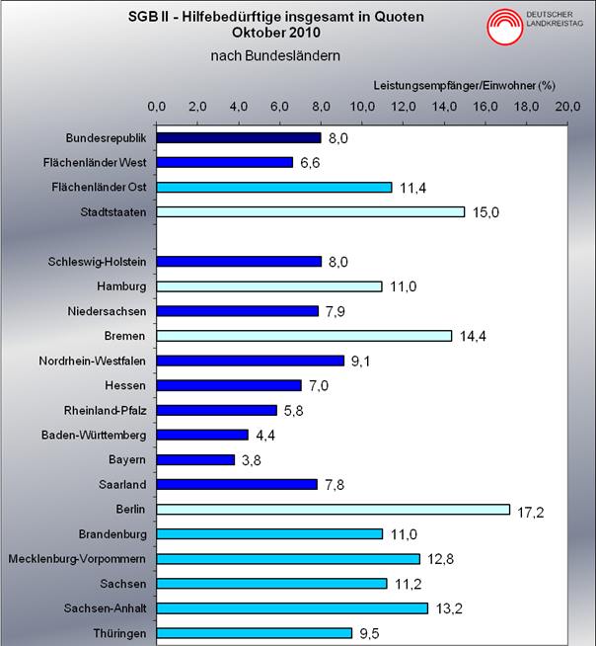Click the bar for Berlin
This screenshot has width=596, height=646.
334,509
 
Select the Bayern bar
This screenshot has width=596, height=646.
195,459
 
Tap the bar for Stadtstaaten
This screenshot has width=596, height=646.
311,211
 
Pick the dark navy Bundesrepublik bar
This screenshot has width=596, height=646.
239,137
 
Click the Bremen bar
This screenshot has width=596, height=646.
304,336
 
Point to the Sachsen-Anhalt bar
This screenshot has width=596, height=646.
292,607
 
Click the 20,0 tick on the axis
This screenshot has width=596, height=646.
566,106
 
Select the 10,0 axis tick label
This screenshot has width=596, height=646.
361,106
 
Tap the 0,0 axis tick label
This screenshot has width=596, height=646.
156,106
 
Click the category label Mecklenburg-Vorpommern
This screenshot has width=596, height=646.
77,558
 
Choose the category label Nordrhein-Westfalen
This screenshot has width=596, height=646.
95,361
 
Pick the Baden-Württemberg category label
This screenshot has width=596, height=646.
94,435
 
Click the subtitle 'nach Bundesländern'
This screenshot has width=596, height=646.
275,55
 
